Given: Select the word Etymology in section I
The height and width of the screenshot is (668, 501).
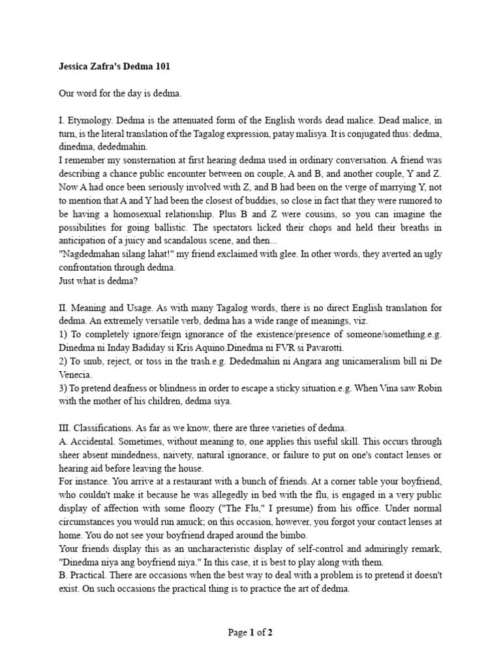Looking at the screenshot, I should (87, 121).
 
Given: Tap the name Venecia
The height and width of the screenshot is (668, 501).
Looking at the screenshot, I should (75, 374).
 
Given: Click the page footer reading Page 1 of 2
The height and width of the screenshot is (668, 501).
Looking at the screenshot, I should (250, 632).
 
